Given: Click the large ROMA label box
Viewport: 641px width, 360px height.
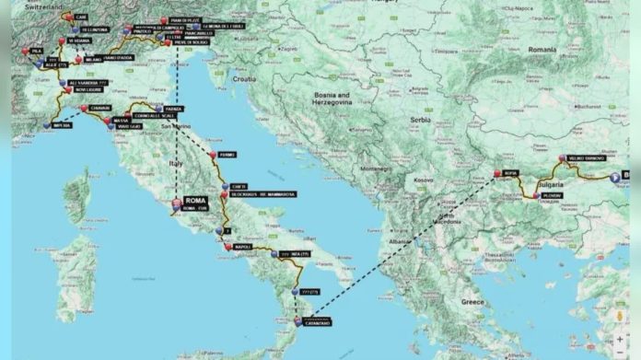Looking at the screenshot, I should [x=195, y=200].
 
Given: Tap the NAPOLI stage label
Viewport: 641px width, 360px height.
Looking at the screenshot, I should [x=243, y=248].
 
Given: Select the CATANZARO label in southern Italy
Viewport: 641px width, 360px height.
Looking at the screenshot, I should [x=315, y=322].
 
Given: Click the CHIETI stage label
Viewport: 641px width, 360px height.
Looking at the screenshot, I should [x=241, y=186].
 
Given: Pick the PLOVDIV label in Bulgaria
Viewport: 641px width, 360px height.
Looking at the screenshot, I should [x=552, y=196].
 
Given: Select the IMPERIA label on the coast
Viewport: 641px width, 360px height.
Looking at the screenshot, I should [x=61, y=125].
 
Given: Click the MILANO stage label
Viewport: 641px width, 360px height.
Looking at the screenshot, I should [x=93, y=59].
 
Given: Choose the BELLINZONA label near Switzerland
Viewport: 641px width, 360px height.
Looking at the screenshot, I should [x=95, y=30].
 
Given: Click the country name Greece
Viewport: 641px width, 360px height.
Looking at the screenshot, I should [x=472, y=301].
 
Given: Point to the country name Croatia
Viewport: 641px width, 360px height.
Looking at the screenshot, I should [x=243, y=80].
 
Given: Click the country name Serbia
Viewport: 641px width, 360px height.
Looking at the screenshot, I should [x=420, y=121].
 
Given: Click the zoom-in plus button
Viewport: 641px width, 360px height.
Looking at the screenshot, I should [x=620, y=338].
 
